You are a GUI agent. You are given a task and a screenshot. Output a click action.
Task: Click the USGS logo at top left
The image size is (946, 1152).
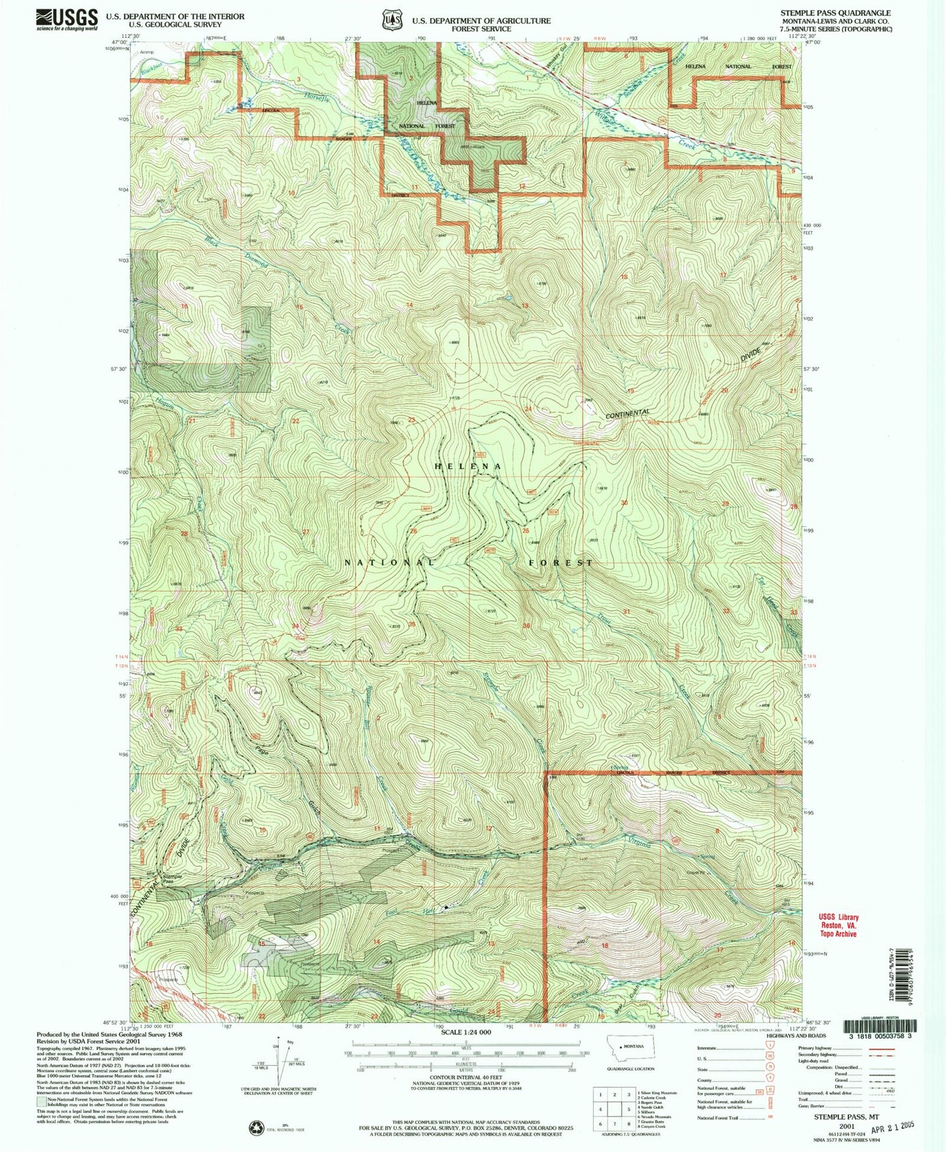pos(66,19)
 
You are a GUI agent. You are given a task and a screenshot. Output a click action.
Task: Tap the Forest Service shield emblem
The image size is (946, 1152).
pos(392,20)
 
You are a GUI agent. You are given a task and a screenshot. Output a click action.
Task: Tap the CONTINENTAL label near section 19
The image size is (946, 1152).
pos(627,414)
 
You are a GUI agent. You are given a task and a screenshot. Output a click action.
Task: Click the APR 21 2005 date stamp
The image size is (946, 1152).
pos(878,1126)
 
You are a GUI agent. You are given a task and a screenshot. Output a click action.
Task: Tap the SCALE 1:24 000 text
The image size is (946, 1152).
pos(464,1050)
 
